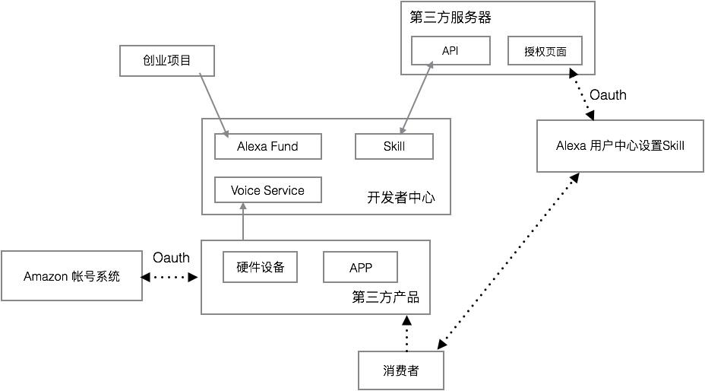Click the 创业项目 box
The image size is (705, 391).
tap(166, 61)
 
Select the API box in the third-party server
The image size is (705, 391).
tap(450, 51)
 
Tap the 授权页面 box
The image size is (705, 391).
tap(545, 51)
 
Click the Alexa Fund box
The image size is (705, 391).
tap(267, 146)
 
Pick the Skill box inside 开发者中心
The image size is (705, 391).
tap(394, 146)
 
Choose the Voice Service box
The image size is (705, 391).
tap(267, 190)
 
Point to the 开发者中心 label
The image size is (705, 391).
tap(401, 198)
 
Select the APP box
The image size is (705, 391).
tap(360, 267)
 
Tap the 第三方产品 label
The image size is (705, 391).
tap(386, 297)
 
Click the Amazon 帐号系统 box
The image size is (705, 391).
tap(71, 276)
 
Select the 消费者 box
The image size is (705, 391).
tap(400, 371)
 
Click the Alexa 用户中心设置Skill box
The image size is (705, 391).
tap(621, 145)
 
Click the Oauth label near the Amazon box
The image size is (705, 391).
tap(171, 258)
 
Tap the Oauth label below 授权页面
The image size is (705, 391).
tap(608, 95)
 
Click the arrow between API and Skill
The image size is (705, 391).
tap(417, 99)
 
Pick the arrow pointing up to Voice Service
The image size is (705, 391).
tap(242, 224)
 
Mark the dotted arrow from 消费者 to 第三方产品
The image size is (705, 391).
tap(406, 333)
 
